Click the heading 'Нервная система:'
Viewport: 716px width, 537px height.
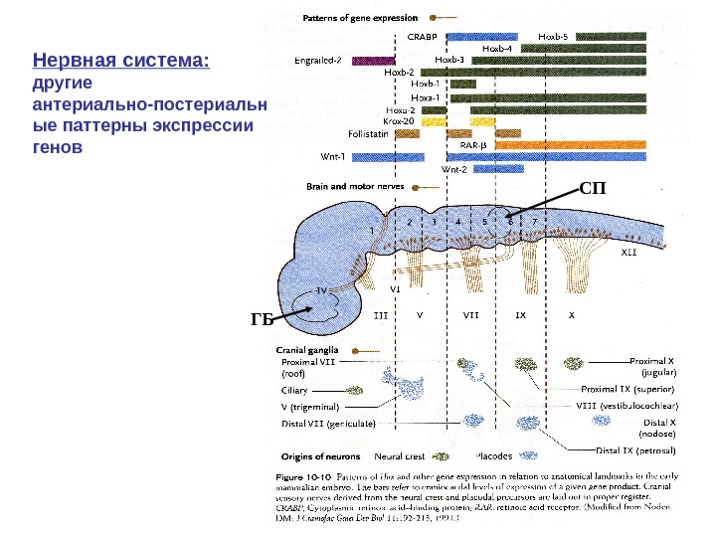[x=121, y=62]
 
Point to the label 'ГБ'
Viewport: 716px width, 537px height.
[x=262, y=319]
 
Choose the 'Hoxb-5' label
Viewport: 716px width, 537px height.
[x=553, y=35]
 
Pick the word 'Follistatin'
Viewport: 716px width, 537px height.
[x=368, y=132]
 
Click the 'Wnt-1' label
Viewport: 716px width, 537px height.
[x=332, y=156]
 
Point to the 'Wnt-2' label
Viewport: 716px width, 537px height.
[x=453, y=169]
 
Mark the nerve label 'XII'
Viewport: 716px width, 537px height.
[x=628, y=253]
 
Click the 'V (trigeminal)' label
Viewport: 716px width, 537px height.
[x=311, y=406]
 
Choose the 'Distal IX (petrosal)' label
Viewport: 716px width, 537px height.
[x=635, y=448]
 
